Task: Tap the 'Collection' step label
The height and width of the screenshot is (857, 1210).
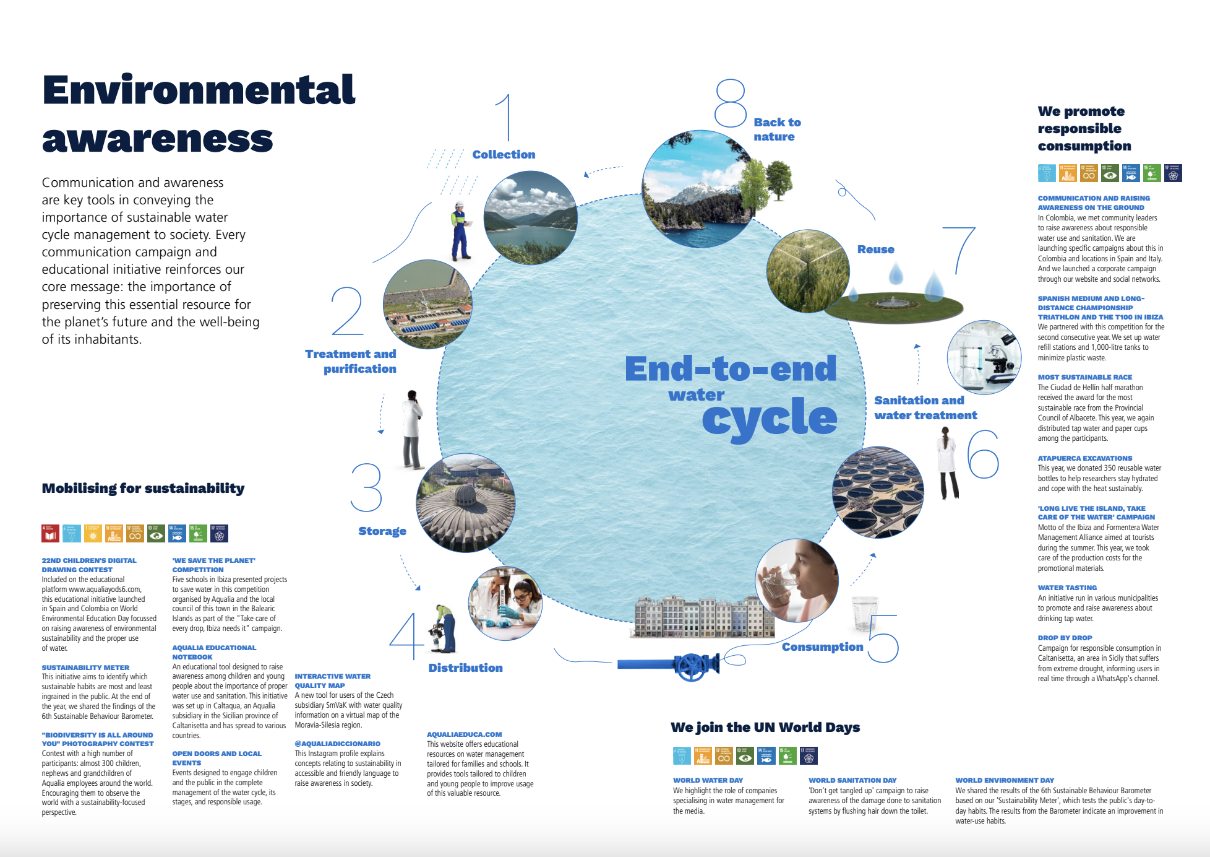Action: tap(504, 154)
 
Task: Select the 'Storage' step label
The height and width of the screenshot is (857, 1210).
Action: tap(382, 531)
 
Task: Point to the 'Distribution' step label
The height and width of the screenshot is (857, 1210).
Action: tap(465, 668)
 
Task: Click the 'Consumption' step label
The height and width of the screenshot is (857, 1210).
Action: tap(822, 646)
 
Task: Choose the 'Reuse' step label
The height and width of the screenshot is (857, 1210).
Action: tap(875, 249)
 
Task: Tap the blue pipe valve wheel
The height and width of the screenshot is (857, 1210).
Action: tap(691, 666)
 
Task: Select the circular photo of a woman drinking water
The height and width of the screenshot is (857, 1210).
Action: tap(797, 580)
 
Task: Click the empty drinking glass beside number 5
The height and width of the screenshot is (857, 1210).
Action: tap(864, 613)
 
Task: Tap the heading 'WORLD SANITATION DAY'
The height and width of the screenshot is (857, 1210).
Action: tap(852, 780)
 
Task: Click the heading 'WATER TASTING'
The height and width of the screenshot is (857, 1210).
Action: tap(1067, 588)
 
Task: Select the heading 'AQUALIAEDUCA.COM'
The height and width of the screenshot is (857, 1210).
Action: tap(464, 734)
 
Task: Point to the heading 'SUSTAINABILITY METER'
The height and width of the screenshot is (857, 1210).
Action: tap(85, 668)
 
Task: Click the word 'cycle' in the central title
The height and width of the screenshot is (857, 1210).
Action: tap(770, 418)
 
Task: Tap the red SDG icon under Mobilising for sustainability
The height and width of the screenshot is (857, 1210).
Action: tap(50, 533)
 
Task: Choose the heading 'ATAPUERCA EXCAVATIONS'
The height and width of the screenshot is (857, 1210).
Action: tap(1084, 458)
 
